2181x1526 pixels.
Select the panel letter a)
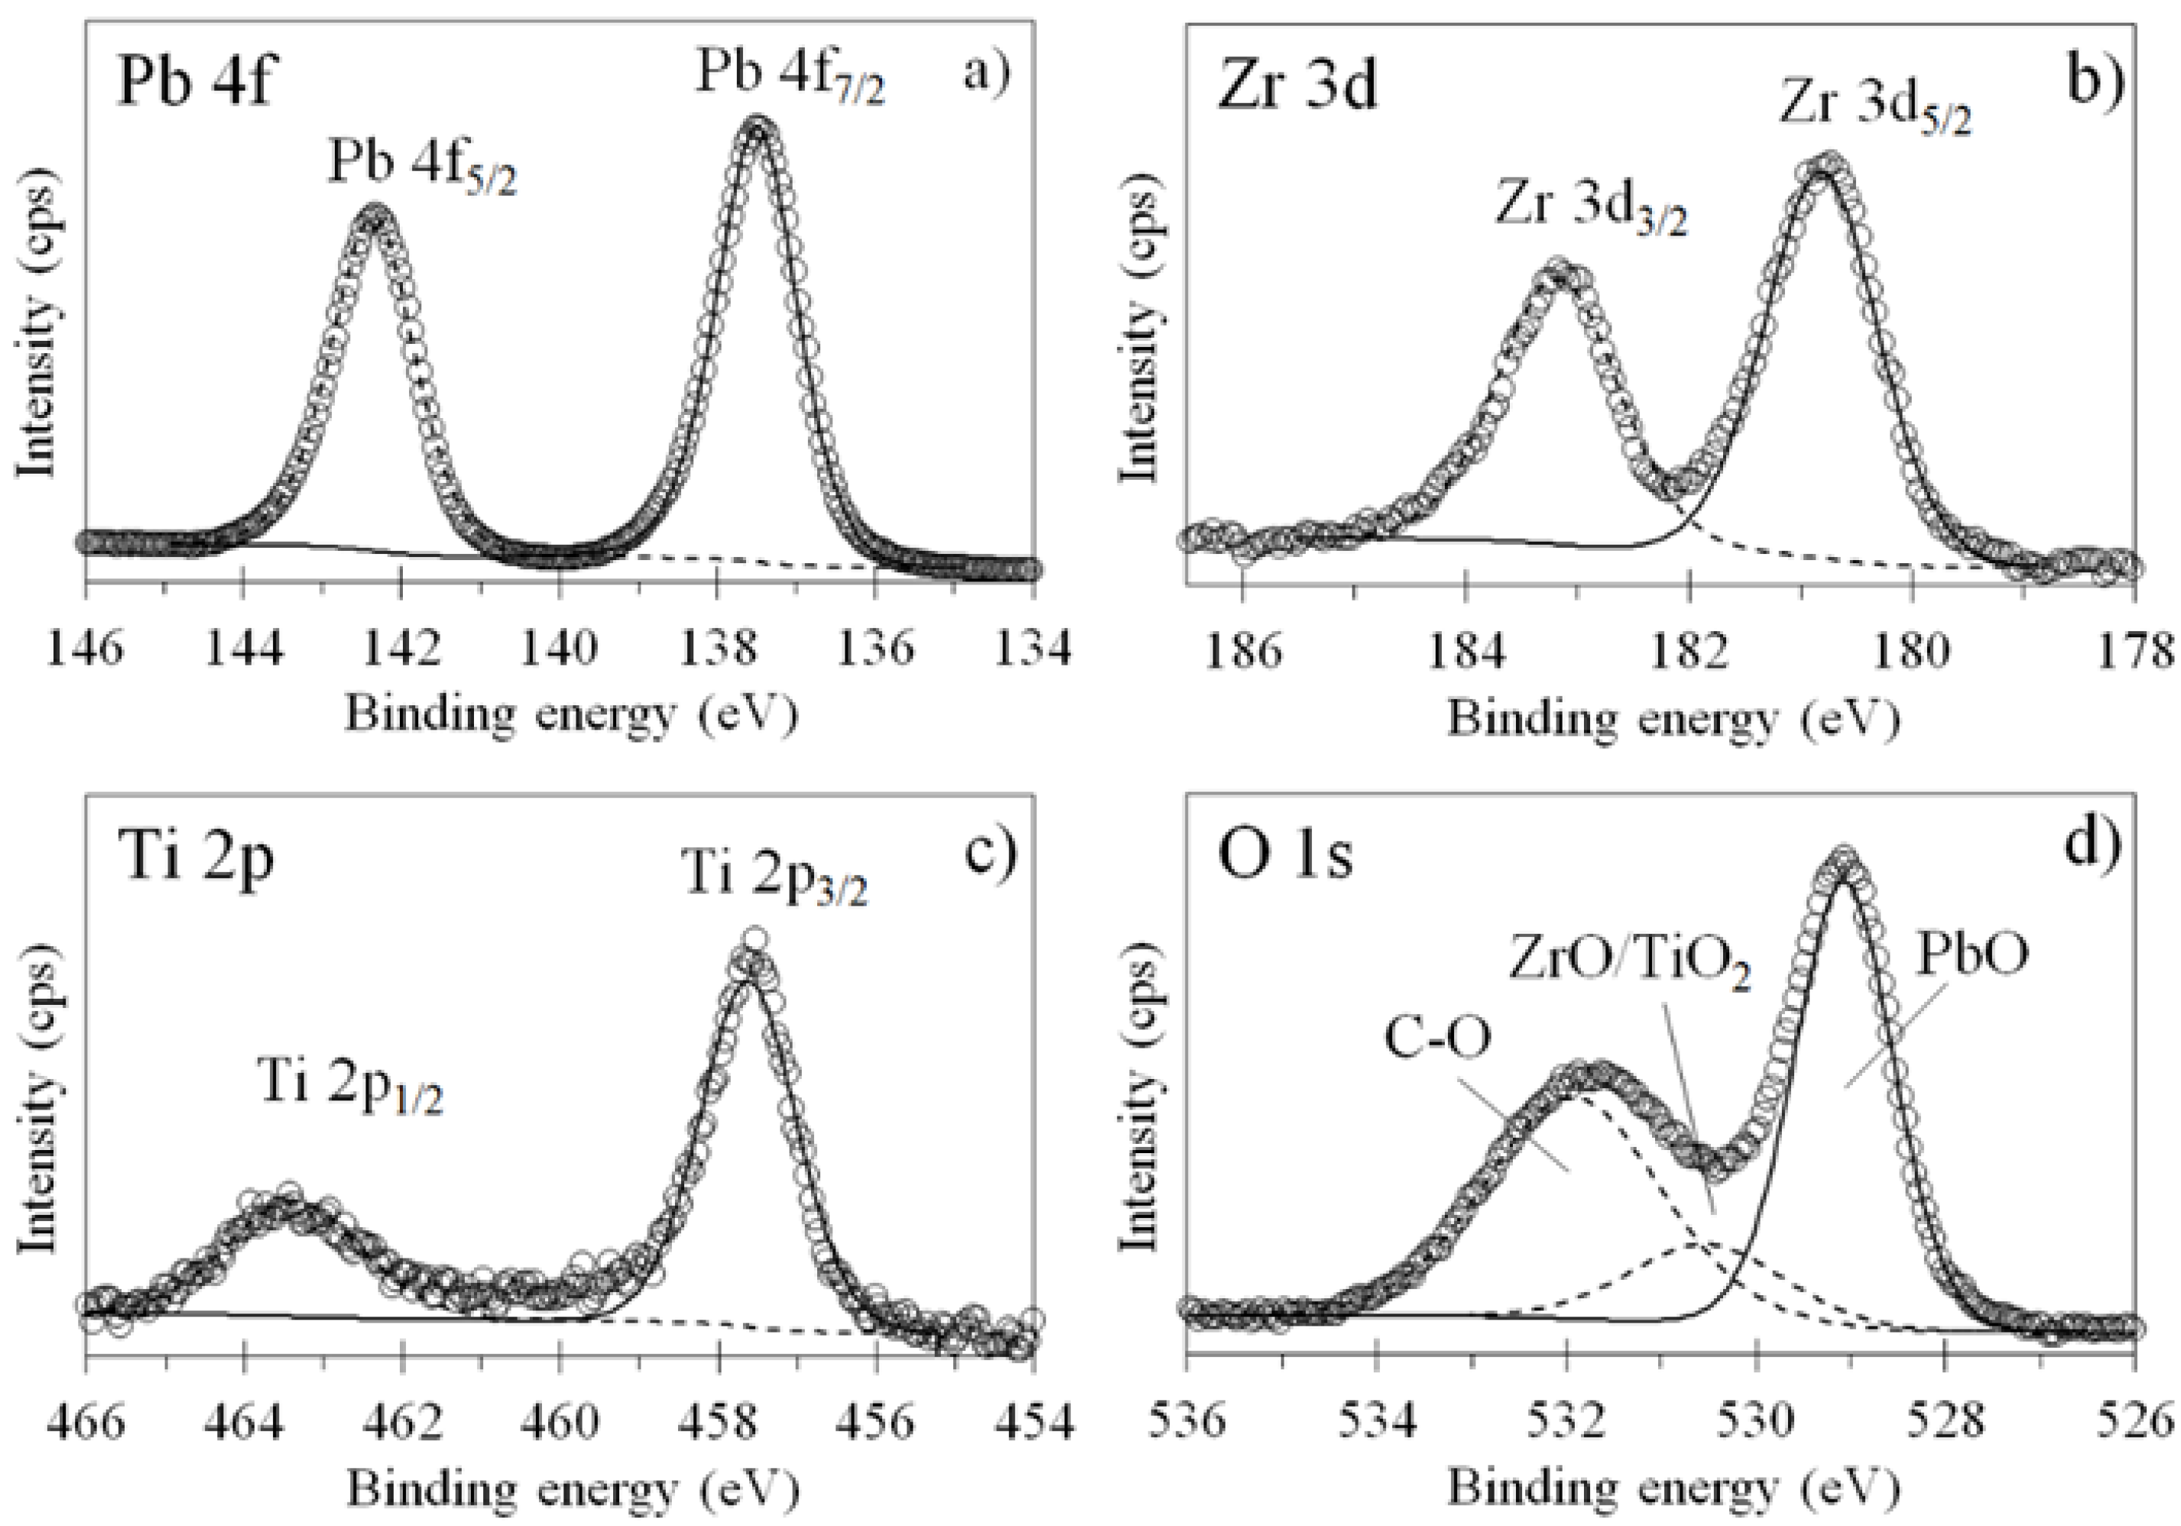(987, 71)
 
